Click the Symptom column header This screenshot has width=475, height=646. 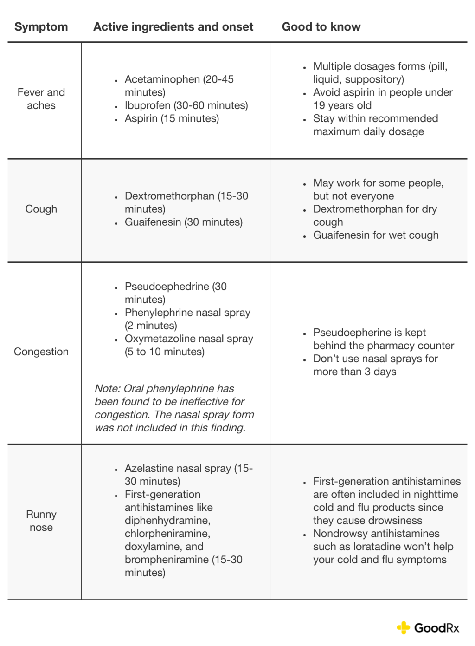41,27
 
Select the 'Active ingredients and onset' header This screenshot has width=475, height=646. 173,27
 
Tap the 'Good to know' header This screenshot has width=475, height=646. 321,27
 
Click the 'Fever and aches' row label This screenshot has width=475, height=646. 41,99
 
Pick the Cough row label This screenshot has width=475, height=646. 41,209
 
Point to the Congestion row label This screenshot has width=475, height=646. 41,352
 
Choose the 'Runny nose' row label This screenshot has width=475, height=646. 41,521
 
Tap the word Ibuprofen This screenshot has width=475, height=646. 148,105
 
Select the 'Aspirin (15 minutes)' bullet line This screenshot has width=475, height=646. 172,118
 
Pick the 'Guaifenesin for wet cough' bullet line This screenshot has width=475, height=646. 376,235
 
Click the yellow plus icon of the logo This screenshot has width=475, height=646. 404,628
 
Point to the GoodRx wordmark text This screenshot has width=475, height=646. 436,628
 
